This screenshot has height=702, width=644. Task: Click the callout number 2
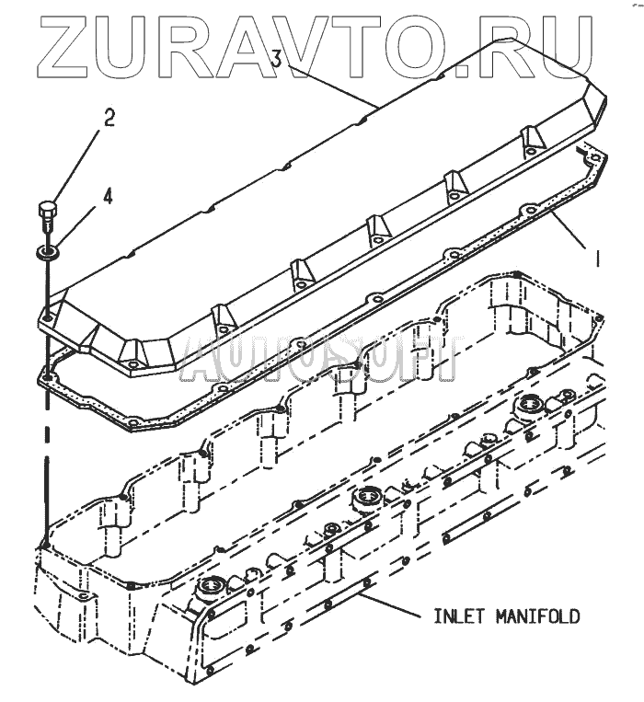109,119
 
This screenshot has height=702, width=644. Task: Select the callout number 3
276,59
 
